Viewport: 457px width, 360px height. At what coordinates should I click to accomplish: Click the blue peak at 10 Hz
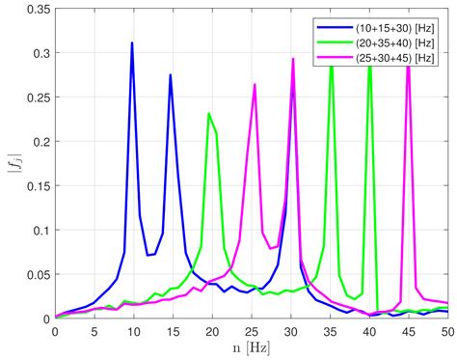tap(132, 43)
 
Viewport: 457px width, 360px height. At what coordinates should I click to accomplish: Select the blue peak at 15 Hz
tap(171, 75)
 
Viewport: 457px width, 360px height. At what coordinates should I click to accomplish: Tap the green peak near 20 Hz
tap(209, 114)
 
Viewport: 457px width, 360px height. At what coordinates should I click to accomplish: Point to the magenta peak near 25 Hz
tap(255, 85)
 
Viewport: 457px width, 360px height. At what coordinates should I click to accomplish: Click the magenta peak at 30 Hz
tap(293, 59)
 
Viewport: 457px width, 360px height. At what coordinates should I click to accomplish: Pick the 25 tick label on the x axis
tap(251, 330)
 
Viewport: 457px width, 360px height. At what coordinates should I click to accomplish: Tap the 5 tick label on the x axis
tap(94, 330)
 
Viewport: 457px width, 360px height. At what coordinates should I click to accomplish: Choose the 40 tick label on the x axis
tap(368, 330)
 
